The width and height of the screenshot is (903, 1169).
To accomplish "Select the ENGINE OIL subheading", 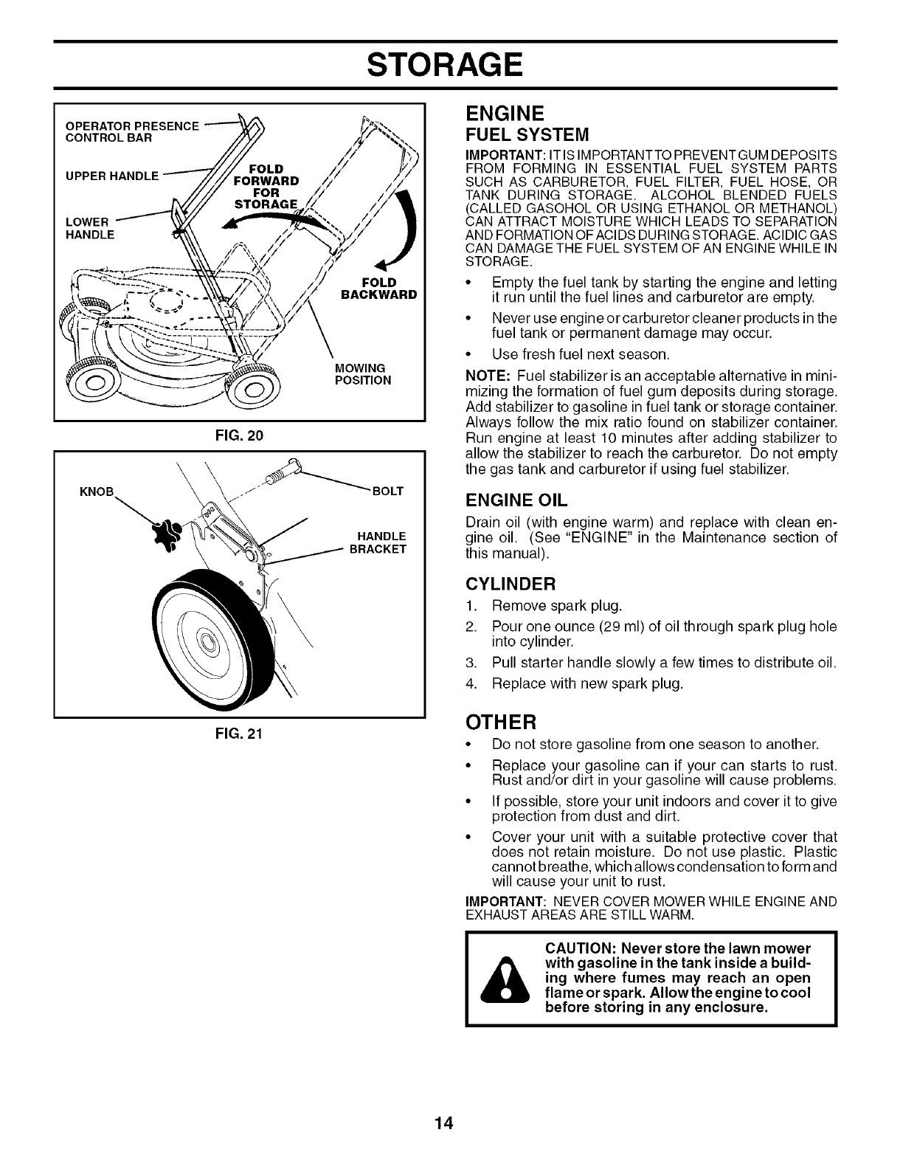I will click(x=516, y=500).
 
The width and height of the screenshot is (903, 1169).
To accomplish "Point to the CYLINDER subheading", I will click(x=510, y=584).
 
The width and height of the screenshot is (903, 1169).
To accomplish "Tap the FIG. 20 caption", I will click(x=240, y=435).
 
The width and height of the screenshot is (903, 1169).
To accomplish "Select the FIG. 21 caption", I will click(x=240, y=734).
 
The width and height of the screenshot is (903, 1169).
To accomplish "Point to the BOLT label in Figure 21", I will click(x=389, y=491).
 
